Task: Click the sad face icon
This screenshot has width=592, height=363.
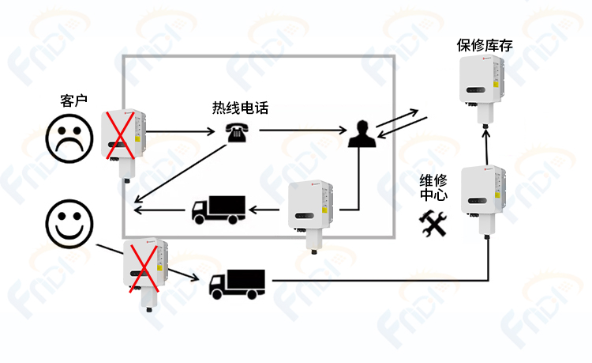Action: click(69, 138)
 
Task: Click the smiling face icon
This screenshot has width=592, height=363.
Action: click(69, 224)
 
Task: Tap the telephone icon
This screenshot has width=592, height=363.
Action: click(237, 133)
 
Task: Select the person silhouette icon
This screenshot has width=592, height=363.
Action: click(362, 134)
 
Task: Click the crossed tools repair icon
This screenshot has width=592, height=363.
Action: click(433, 224)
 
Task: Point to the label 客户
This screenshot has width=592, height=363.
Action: click(74, 100)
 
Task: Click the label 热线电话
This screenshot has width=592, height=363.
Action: click(240, 108)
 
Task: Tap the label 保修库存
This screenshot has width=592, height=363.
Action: click(485, 45)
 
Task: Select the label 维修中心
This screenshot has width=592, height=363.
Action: click(433, 187)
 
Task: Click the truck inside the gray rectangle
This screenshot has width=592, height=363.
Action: click(219, 210)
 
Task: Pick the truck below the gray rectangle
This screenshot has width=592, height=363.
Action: click(237, 285)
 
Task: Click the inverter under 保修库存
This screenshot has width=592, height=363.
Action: click(482, 89)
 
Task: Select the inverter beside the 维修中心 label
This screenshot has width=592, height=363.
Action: click(484, 201)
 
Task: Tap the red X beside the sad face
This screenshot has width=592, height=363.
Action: click(120, 135)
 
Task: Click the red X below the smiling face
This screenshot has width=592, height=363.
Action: click(144, 268)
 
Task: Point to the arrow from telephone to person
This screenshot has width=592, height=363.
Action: click(303, 130)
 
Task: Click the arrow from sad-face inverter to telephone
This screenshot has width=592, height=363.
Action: click(180, 131)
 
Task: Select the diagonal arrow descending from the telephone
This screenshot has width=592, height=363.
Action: click(181, 173)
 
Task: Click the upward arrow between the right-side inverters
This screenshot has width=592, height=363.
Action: click(487, 147)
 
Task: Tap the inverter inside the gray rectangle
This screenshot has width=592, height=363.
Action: click(311, 217)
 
